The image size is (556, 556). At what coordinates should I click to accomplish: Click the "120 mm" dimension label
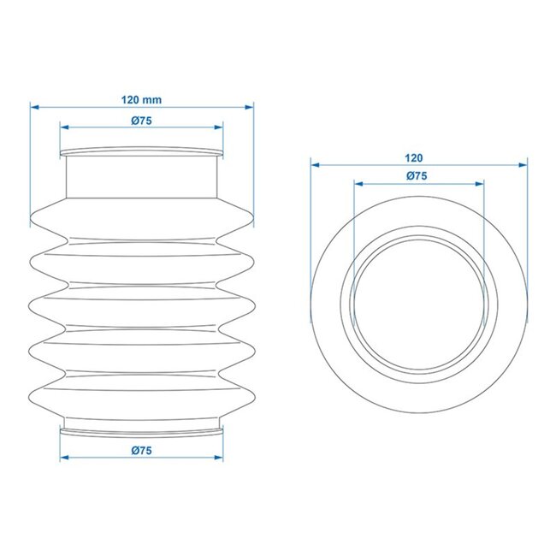[142, 99]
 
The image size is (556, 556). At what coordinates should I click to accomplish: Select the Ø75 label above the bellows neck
[142, 121]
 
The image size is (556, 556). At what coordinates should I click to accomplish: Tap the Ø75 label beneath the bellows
[142, 451]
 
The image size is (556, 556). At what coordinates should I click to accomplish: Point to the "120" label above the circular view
[416, 157]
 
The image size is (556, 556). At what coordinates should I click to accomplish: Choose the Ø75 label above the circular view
[417, 175]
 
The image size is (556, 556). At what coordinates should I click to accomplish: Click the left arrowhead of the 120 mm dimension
[33, 107]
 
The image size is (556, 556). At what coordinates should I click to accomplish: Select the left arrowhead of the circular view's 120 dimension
[314, 164]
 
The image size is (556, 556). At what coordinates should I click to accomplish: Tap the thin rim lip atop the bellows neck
[142, 152]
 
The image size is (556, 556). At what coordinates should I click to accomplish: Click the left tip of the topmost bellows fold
[32, 218]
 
